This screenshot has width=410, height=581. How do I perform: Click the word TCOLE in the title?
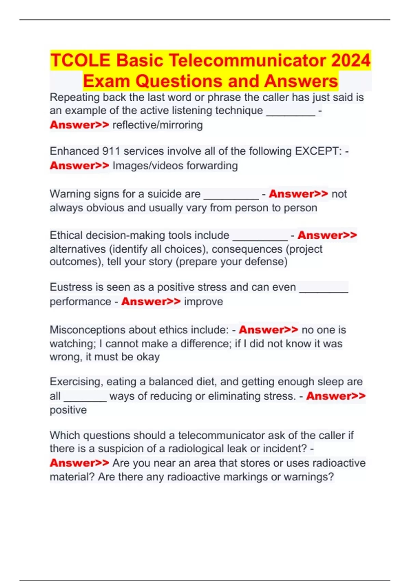click(x=80, y=60)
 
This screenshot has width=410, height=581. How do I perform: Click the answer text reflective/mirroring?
click(x=158, y=125)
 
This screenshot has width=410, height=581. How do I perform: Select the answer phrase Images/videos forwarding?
click(x=175, y=166)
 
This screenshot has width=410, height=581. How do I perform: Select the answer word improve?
click(x=203, y=302)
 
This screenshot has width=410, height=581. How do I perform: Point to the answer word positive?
click(x=68, y=410)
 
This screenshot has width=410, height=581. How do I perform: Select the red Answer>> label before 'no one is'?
click(x=269, y=330)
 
